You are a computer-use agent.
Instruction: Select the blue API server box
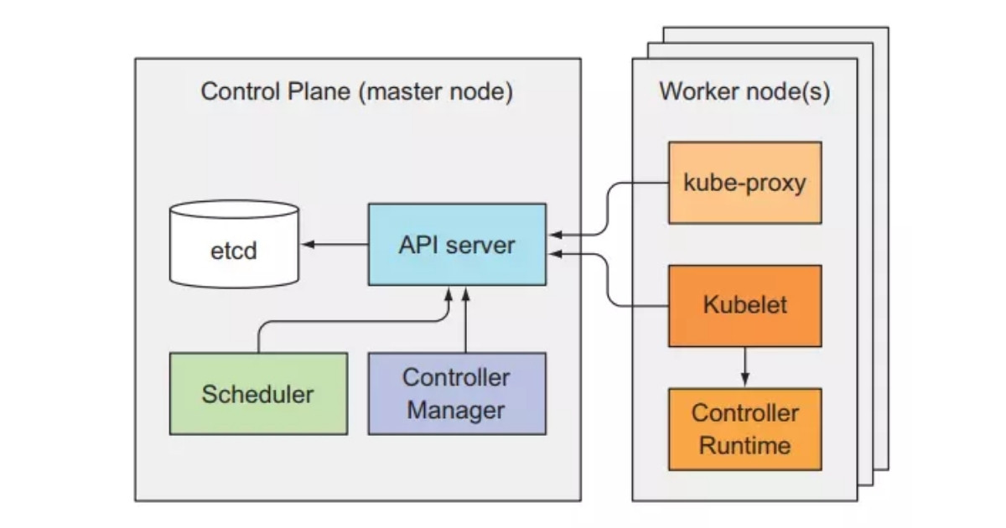[x=457, y=244]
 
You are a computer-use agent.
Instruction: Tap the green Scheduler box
[x=258, y=393]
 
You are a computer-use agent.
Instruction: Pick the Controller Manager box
[x=457, y=393]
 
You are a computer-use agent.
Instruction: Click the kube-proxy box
[x=744, y=182]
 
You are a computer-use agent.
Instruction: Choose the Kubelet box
[x=744, y=305]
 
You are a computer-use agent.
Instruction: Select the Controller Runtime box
[x=744, y=428]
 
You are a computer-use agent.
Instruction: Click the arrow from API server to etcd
[x=335, y=244]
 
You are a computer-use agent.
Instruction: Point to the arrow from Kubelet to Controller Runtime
[x=744, y=367]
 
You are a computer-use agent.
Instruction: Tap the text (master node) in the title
[x=435, y=91]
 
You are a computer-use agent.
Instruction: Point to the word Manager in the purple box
[x=457, y=411]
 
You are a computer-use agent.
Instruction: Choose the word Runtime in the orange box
[x=744, y=445]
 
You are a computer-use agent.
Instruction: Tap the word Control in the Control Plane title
[x=237, y=91]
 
